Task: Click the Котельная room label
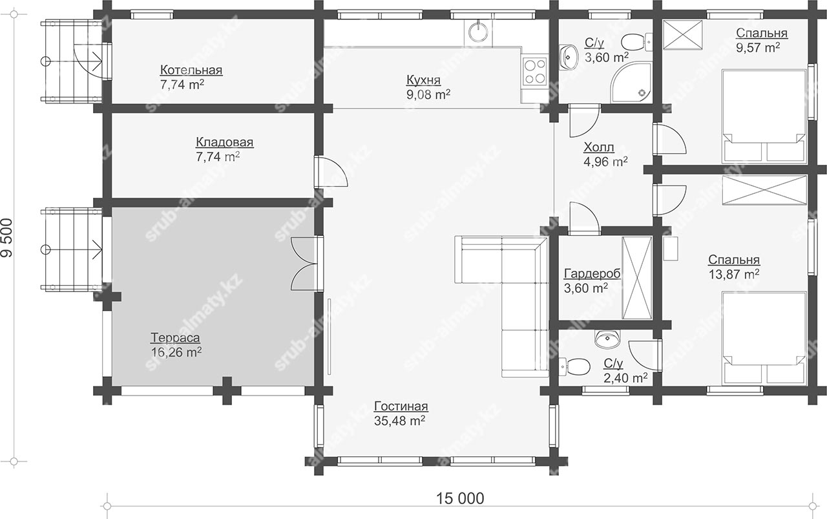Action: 191,70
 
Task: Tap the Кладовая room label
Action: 224,142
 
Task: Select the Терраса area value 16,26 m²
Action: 176,352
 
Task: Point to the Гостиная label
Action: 401,406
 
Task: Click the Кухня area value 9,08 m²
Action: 428,94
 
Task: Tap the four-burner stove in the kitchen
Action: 534,72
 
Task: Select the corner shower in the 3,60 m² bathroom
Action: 631,83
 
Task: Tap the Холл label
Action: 599,147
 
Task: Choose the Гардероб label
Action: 592,274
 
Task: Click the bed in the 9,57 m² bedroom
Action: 764,116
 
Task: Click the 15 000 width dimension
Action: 460,498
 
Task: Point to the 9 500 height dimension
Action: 7,238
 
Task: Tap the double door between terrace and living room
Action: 307,264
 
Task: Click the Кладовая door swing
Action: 331,172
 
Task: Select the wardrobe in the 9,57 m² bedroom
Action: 683,34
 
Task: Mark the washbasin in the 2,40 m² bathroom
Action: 607,339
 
